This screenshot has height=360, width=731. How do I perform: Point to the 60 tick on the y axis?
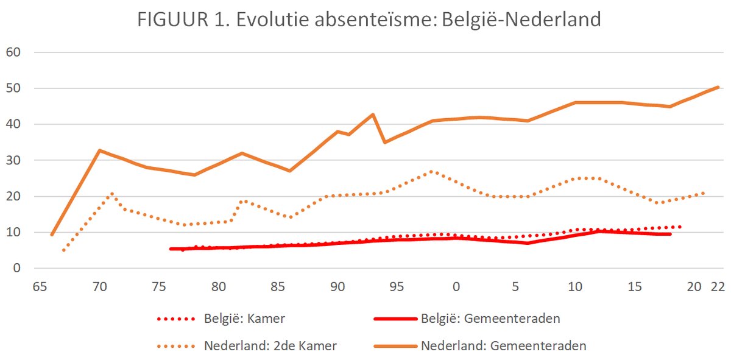[13, 52]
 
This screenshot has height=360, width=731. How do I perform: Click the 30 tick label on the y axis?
[13, 160]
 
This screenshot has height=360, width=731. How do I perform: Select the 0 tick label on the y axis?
[17, 268]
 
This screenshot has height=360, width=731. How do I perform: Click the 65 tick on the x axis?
[41, 287]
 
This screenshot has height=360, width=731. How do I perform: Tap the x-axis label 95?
[397, 287]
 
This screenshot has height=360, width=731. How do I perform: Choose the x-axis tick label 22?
[718, 287]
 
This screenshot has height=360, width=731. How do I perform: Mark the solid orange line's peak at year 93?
[373, 115]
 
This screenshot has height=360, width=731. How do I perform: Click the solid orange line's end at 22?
[718, 87]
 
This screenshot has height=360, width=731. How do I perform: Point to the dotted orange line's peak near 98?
[431, 171]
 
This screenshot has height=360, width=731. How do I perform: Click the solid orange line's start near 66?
[52, 235]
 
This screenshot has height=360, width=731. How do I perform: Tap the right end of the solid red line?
[670, 234]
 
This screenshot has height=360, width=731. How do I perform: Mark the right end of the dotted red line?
[680, 227]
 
